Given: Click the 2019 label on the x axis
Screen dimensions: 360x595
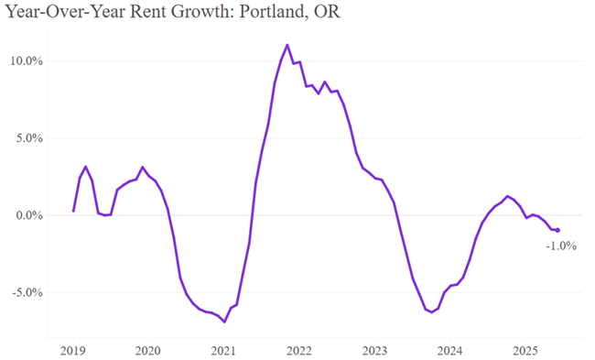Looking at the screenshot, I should pyautogui.click(x=72, y=349).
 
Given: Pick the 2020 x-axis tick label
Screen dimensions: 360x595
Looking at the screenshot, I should pyautogui.click(x=147, y=349).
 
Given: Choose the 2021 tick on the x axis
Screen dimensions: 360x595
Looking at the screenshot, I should pyautogui.click(x=223, y=349).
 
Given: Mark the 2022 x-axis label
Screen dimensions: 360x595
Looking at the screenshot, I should pyautogui.click(x=298, y=349).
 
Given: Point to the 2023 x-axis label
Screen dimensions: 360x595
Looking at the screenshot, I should pyautogui.click(x=373, y=349).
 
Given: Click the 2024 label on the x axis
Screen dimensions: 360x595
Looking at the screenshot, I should pyautogui.click(x=449, y=349).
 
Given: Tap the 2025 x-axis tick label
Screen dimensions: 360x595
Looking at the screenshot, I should pyautogui.click(x=525, y=349).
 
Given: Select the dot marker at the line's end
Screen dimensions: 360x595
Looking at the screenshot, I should pyautogui.click(x=557, y=230).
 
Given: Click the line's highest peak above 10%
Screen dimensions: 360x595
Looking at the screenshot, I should pyautogui.click(x=287, y=45).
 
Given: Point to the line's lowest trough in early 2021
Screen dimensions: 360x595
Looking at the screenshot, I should pyautogui.click(x=224, y=322).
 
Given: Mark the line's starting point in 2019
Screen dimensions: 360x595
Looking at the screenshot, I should pyautogui.click(x=73, y=212).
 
